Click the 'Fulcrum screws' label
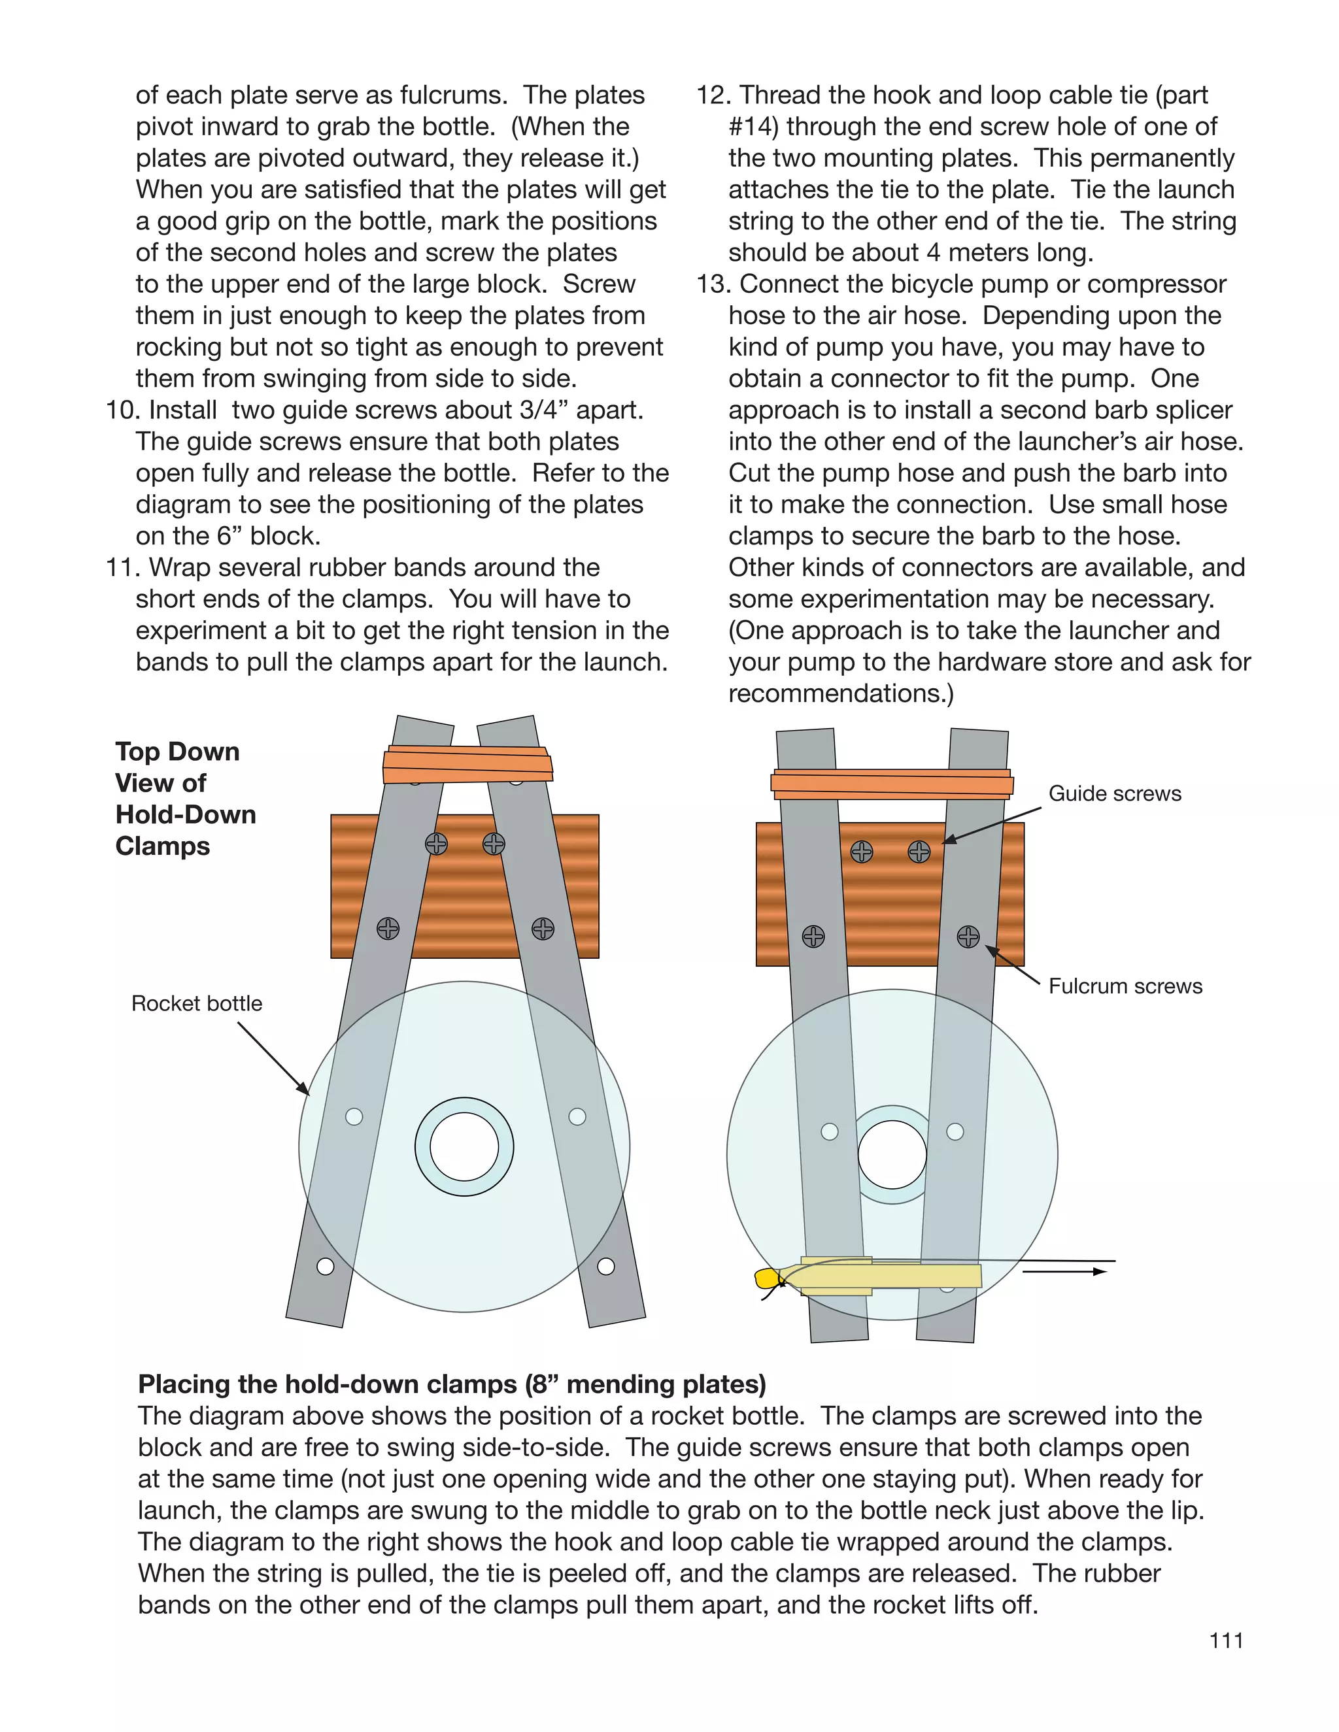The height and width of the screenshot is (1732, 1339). [x=1125, y=986]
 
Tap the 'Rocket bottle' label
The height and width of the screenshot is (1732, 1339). [x=197, y=1004]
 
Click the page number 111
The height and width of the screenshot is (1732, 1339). [x=1226, y=1640]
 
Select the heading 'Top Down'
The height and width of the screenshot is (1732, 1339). [x=177, y=752]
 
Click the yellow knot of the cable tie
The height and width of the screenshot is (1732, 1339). [x=766, y=1278]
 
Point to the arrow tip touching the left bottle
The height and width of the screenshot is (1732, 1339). [x=308, y=1093]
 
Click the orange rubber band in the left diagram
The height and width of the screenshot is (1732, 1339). [x=467, y=765]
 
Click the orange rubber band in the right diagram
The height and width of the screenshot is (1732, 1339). [x=892, y=784]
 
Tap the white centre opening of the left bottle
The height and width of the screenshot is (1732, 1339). [x=464, y=1147]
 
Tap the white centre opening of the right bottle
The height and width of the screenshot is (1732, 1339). [x=892, y=1155]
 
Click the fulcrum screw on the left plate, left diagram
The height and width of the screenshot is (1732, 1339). [x=388, y=929]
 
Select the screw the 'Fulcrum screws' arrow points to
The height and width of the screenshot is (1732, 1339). [x=968, y=937]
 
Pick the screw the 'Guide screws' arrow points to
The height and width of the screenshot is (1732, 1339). [x=919, y=852]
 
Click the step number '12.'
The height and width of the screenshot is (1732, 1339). [x=713, y=95]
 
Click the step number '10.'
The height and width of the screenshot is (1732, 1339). [x=123, y=410]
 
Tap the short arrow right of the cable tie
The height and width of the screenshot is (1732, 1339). [x=1063, y=1271]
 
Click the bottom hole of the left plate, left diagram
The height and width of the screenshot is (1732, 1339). [x=325, y=1267]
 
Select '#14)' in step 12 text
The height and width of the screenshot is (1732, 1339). [x=754, y=127]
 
